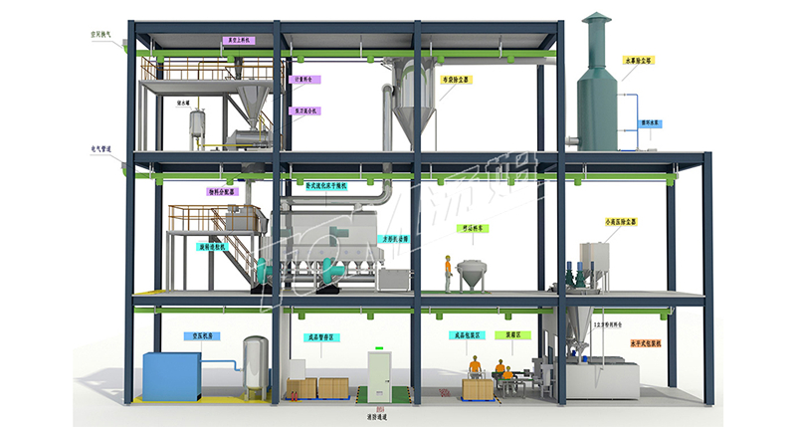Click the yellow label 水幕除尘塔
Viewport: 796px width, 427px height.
point(637,60)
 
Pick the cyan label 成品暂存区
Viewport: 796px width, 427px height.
point(318,336)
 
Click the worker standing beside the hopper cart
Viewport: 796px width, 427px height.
point(448,272)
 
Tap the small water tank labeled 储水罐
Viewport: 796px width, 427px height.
point(197,127)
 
